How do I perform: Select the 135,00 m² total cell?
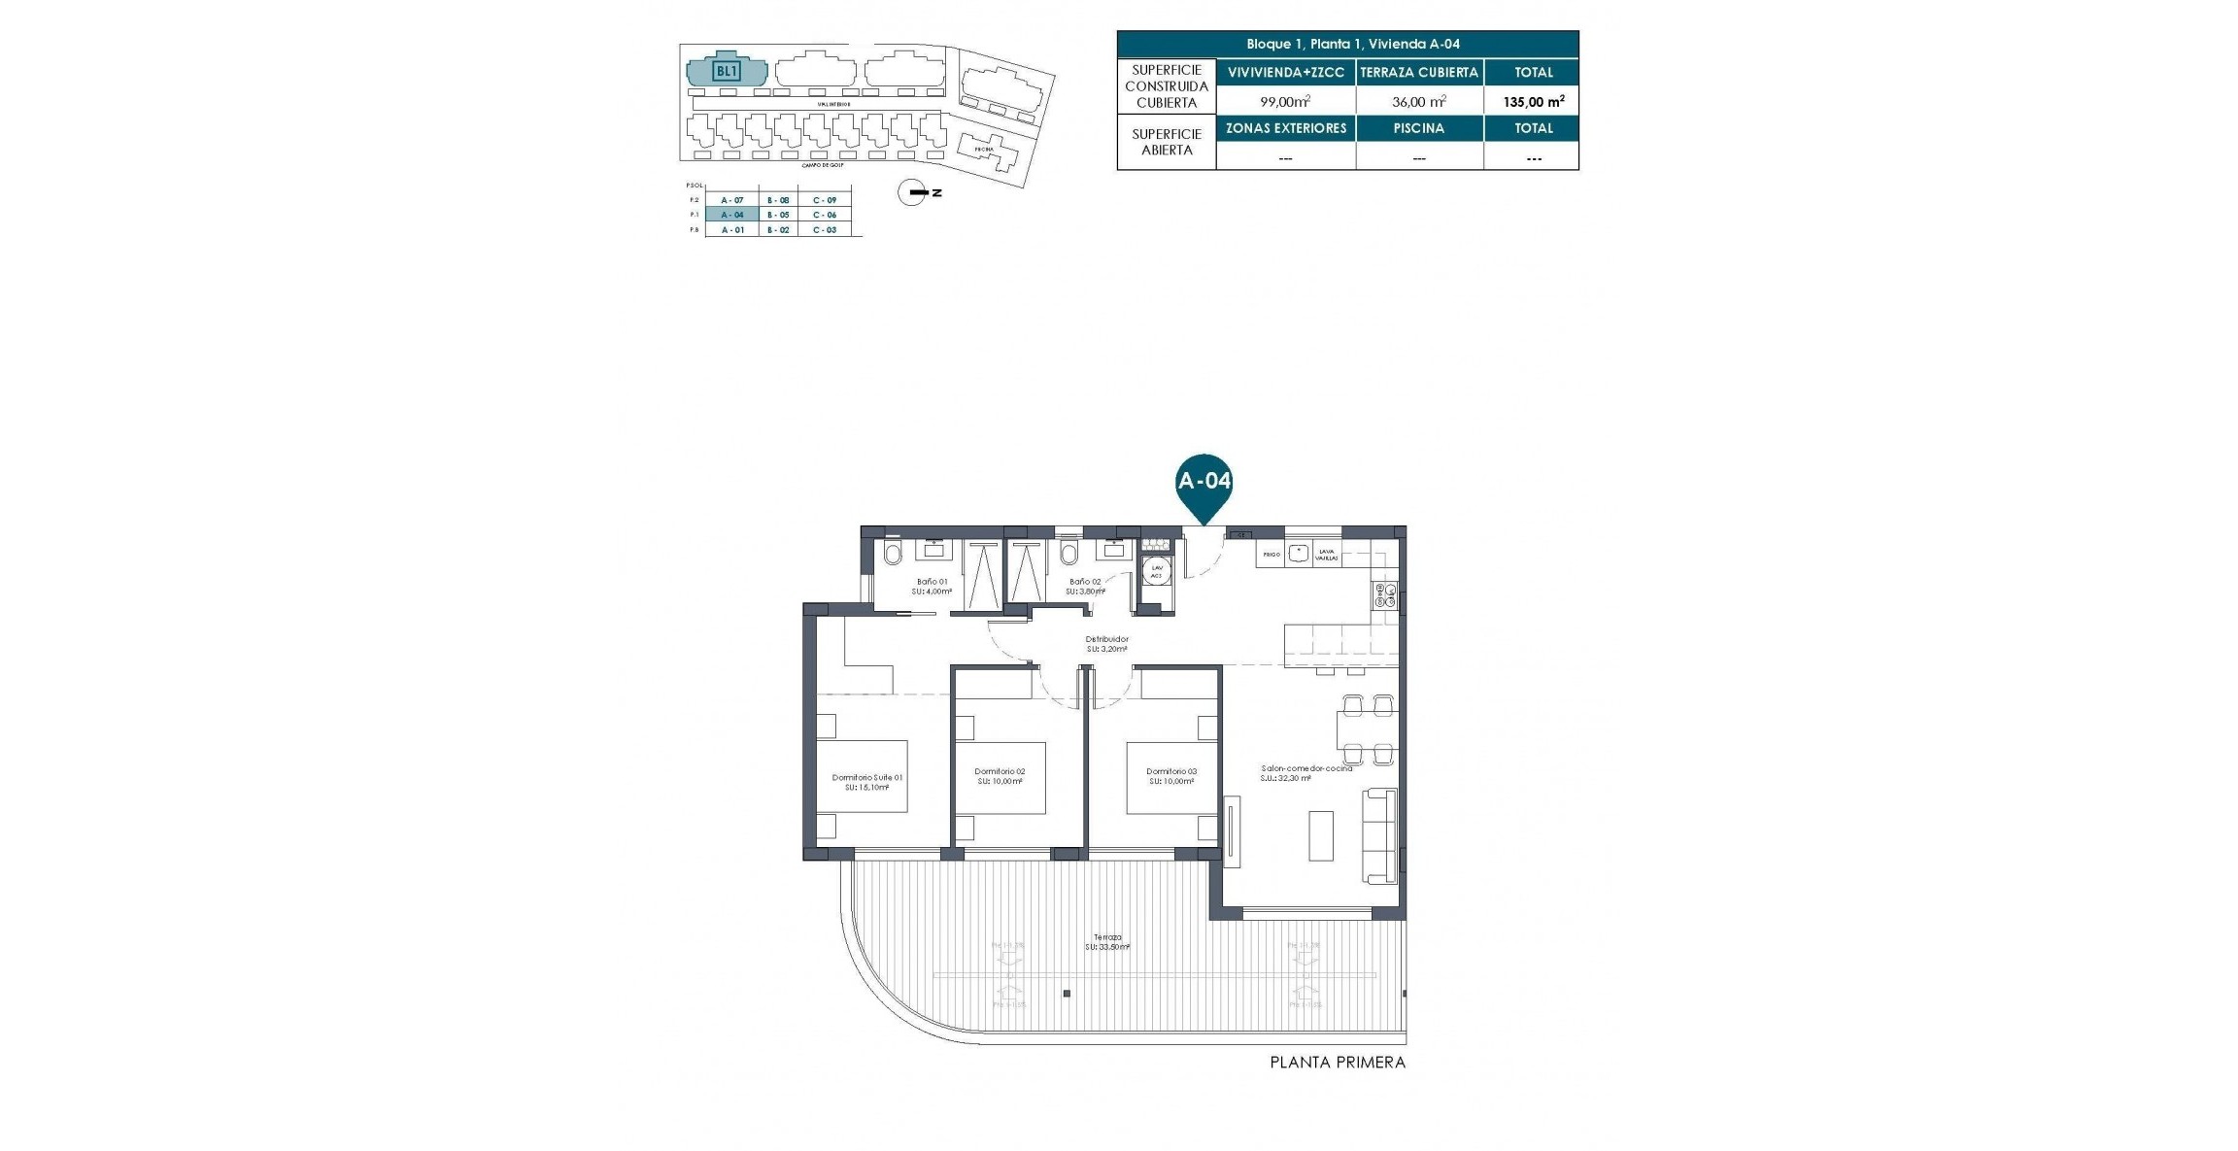click(x=1534, y=101)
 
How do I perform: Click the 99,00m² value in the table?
click(x=1285, y=101)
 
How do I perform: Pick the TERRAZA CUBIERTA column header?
click(x=1419, y=72)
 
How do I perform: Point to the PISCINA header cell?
click(x=1419, y=128)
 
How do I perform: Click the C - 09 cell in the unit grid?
click(x=825, y=200)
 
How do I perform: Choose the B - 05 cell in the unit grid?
click(x=778, y=215)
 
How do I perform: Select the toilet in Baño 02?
click(x=1069, y=555)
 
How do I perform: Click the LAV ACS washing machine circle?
click(x=1156, y=572)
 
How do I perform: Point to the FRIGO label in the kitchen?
click(x=1271, y=554)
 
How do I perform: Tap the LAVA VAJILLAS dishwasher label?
click(x=1325, y=555)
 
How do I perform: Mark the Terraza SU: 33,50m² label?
click(x=1106, y=941)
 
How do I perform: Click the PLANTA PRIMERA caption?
click(x=1338, y=1063)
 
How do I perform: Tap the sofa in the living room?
click(x=1380, y=835)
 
